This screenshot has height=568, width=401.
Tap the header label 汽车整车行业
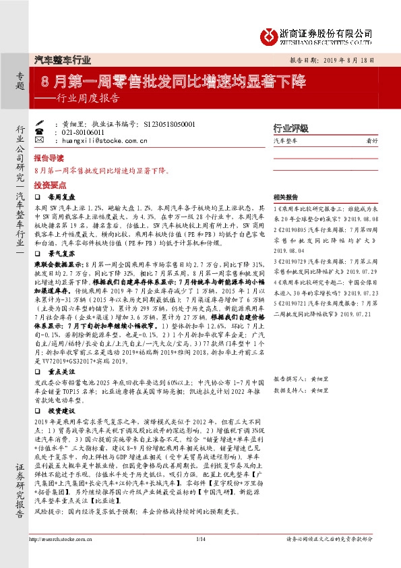tap(62, 60)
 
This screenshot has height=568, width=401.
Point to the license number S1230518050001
tap(169, 125)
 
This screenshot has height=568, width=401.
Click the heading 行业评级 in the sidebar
tap(290, 127)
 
